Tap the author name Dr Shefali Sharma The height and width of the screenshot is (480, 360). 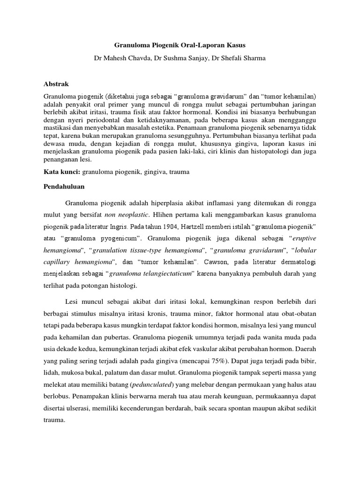(240, 58)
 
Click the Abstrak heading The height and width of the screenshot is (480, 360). (56, 84)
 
